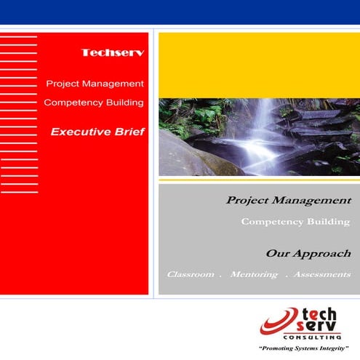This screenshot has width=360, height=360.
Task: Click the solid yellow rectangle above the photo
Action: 259,65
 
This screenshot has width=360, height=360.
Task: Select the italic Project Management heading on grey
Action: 289,199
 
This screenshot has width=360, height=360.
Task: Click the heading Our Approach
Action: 308,254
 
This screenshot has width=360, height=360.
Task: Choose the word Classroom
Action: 191,275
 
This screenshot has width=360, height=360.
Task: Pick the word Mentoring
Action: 253,275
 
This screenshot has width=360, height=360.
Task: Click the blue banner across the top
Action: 180,12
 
